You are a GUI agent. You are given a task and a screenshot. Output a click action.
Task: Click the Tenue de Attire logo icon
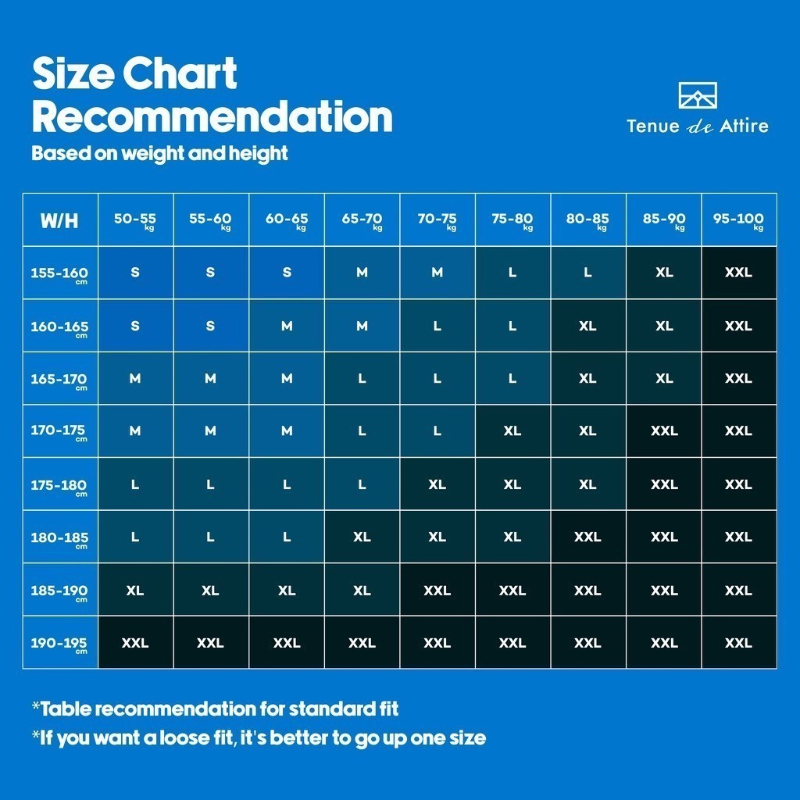[698, 95]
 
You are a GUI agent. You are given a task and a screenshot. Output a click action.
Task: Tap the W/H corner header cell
[60, 220]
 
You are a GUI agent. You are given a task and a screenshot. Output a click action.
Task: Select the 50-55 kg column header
[135, 220]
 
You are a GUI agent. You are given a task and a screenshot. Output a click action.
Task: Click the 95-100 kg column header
[738, 220]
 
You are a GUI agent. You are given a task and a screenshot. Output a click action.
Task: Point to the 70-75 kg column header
[437, 220]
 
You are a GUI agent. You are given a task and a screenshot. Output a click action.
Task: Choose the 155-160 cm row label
[60, 273]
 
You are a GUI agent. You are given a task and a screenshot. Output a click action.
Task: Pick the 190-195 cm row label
[60, 643]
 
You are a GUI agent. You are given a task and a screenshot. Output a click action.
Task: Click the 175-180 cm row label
[60, 484]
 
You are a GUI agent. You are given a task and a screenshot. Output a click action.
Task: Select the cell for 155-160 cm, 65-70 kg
[362, 273]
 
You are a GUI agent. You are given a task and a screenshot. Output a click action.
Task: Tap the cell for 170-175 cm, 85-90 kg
[664, 431]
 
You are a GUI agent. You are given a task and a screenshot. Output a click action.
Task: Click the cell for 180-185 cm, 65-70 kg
[362, 537]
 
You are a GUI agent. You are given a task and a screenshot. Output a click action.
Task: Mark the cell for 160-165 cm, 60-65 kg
[287, 326]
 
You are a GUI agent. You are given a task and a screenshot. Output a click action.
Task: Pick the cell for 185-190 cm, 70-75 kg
[437, 590]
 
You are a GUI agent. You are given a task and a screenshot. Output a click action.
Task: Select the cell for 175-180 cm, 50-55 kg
[135, 484]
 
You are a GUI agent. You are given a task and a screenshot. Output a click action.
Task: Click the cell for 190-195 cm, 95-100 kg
[738, 643]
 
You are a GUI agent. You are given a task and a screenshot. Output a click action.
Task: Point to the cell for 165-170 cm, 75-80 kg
[512, 378]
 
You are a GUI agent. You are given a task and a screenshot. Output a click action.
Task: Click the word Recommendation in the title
[212, 116]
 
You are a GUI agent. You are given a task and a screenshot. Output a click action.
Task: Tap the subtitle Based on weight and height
[159, 153]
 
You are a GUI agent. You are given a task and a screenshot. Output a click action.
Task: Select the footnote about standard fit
[216, 709]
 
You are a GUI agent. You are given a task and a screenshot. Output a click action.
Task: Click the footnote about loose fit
[259, 738]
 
